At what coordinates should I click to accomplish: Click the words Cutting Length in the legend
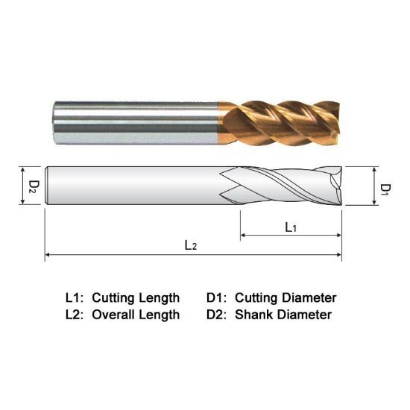click(x=136, y=297)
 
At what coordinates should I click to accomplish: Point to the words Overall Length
click(x=136, y=315)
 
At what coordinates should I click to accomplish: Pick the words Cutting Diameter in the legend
click(x=286, y=297)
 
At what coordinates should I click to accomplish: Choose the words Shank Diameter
click(x=283, y=315)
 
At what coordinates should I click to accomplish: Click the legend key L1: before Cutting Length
click(x=75, y=297)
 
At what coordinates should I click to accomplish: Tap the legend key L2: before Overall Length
click(x=75, y=315)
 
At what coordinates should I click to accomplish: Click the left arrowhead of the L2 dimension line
click(x=49, y=255)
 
